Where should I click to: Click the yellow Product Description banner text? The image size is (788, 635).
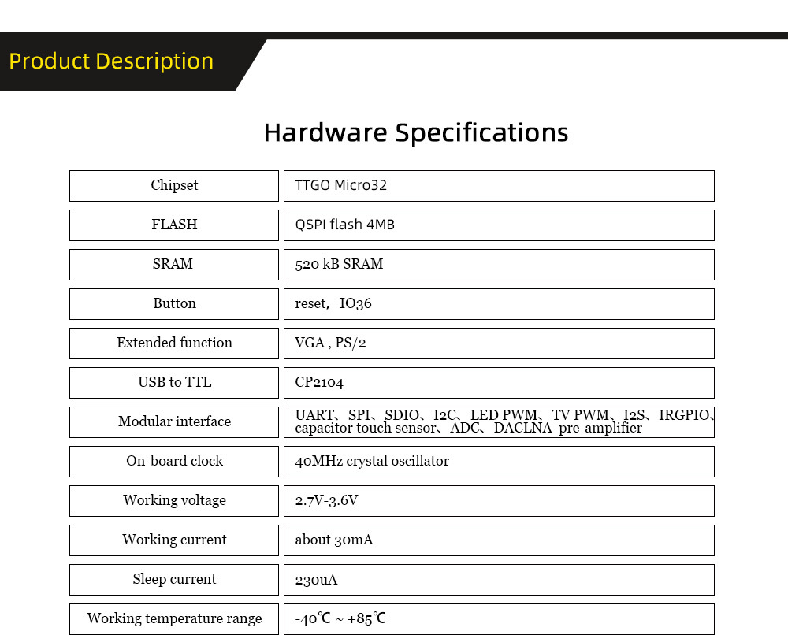click(111, 61)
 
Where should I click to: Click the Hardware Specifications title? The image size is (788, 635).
click(416, 133)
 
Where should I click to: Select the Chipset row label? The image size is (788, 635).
click(174, 185)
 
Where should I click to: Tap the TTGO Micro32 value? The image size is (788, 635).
click(340, 185)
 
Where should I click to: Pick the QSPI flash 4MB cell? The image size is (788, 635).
click(345, 225)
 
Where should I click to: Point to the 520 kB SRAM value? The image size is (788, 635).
click(339, 264)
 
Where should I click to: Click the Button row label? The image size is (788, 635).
click(174, 303)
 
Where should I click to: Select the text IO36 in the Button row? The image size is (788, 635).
click(355, 303)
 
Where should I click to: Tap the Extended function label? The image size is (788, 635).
click(174, 343)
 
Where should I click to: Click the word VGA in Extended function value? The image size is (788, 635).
click(310, 343)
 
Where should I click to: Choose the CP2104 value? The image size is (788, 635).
click(319, 382)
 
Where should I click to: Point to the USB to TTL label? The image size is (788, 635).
click(174, 382)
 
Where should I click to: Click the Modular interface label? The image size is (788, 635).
click(174, 421)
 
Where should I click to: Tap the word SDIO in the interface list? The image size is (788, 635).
click(402, 415)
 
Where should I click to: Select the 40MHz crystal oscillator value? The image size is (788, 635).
click(372, 461)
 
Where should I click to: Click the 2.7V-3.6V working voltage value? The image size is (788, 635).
click(327, 500)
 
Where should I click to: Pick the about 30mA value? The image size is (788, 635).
click(334, 540)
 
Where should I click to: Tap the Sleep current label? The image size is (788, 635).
click(174, 579)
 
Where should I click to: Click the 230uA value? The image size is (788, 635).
click(316, 580)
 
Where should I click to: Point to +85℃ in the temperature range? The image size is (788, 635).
click(366, 618)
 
